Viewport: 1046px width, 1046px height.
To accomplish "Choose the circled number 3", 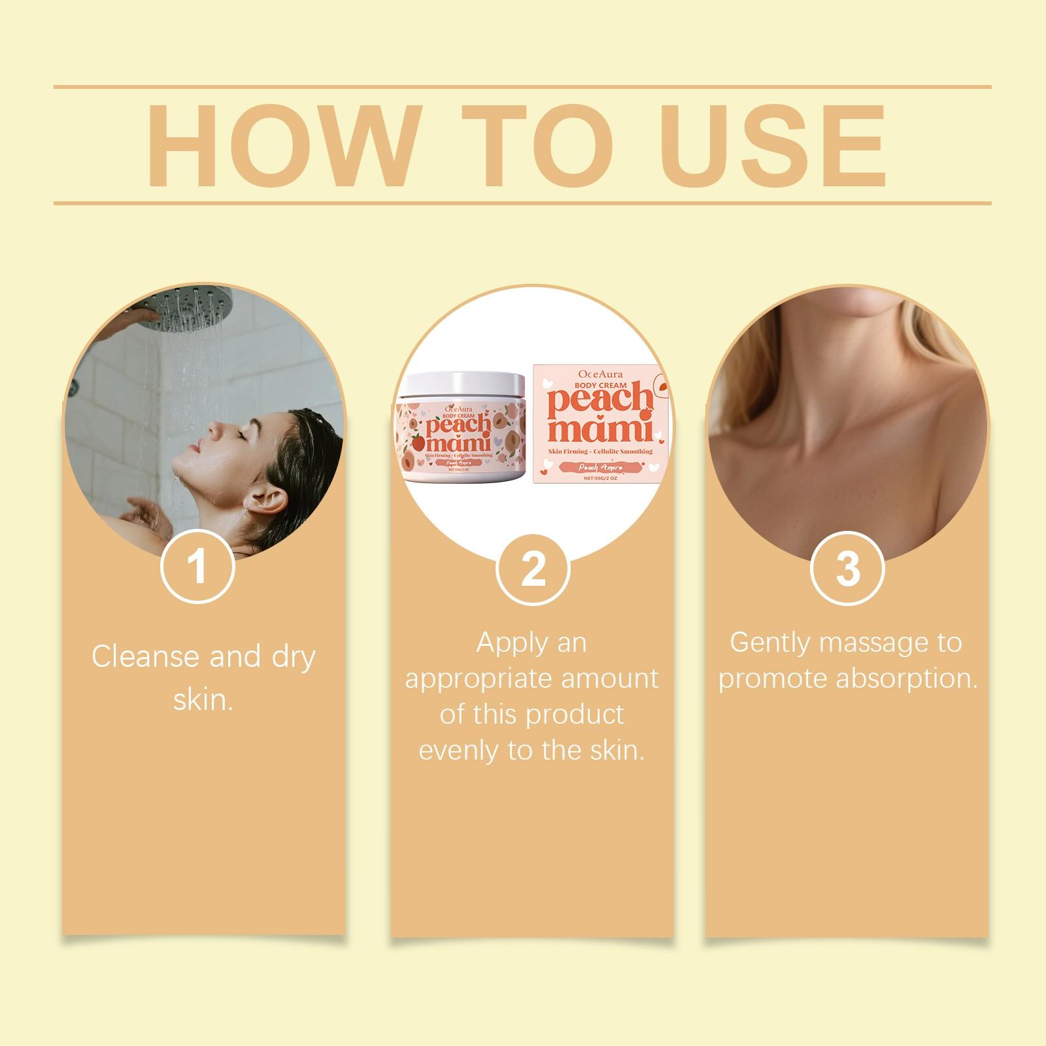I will (847, 568).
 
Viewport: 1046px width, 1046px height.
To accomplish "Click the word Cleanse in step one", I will (145, 656).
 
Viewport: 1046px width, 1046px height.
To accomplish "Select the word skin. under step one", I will (203, 700).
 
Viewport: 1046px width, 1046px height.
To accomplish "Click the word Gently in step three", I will (770, 643).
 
